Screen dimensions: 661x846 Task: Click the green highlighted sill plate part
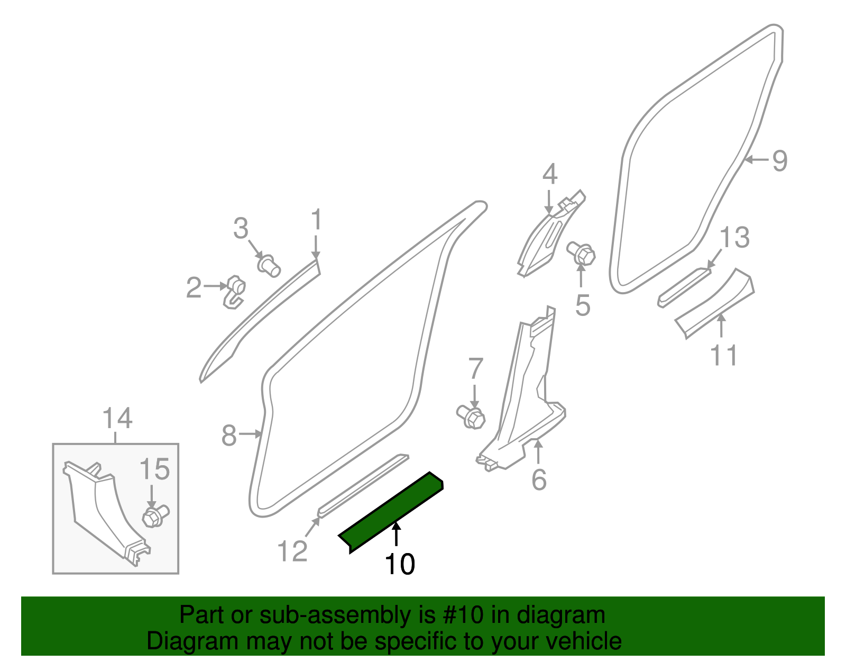coord(391,511)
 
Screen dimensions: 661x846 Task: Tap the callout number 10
coord(400,564)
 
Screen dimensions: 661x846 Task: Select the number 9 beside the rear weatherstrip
coord(779,160)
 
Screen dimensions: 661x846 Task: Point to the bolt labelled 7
coord(471,416)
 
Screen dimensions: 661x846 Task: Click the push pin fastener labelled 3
coord(269,264)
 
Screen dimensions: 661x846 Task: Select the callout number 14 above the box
coord(117,419)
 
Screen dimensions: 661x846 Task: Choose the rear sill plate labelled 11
coord(714,302)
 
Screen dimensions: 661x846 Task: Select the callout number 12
coord(292,551)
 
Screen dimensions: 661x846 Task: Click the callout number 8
coord(228,436)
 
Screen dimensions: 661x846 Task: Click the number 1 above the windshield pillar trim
coord(316,220)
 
